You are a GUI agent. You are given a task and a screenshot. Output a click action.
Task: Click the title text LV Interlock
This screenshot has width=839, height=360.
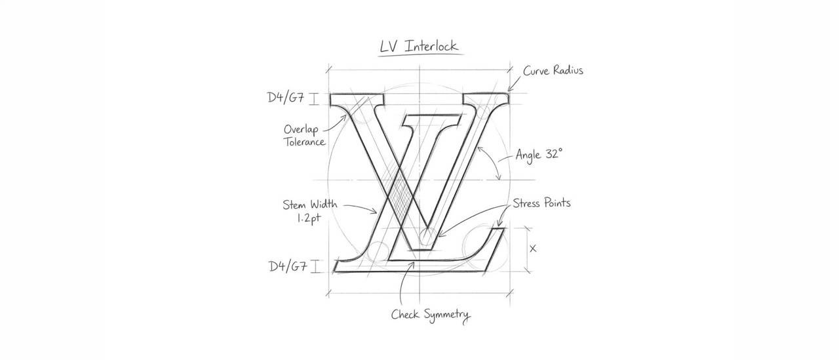[x=419, y=46]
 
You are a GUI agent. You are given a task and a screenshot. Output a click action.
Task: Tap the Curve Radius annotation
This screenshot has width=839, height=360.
[x=553, y=70]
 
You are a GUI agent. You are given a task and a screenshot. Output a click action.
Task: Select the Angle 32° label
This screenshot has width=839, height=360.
[x=539, y=154]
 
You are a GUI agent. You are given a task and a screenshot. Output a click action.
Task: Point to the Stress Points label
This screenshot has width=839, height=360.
[x=541, y=203]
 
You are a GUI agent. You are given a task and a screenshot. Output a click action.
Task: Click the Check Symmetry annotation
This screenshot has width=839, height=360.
[x=431, y=315]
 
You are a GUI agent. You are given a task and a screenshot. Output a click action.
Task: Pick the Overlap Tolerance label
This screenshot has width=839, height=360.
[x=303, y=135]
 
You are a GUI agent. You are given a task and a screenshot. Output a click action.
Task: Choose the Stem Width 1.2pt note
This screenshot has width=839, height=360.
[x=310, y=211]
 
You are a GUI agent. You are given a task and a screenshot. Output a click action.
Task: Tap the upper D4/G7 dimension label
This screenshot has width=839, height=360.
[x=286, y=98]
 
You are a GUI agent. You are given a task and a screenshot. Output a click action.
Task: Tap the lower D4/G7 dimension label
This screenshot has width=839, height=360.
[x=288, y=266]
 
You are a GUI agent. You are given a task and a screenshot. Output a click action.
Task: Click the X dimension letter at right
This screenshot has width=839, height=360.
[x=533, y=249]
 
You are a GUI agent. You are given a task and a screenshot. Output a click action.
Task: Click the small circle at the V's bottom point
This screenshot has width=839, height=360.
[x=427, y=235]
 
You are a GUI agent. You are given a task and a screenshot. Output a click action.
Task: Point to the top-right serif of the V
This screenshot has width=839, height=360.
[x=486, y=99]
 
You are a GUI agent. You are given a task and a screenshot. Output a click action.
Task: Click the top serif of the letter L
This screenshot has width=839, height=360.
[x=431, y=122]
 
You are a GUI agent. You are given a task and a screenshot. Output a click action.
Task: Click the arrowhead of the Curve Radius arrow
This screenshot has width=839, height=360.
[x=509, y=89]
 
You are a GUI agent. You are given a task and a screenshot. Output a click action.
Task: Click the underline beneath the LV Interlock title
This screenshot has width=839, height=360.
[x=421, y=55]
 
